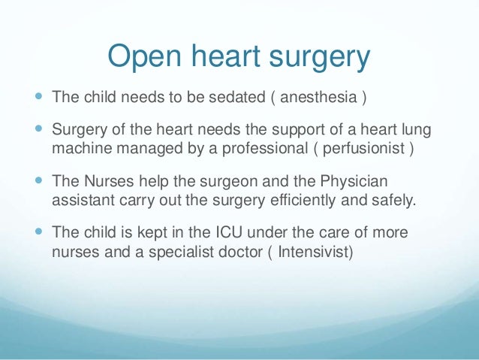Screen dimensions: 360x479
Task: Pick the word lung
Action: coord(416,131)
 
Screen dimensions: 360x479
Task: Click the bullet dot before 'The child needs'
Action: coord(38,98)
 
